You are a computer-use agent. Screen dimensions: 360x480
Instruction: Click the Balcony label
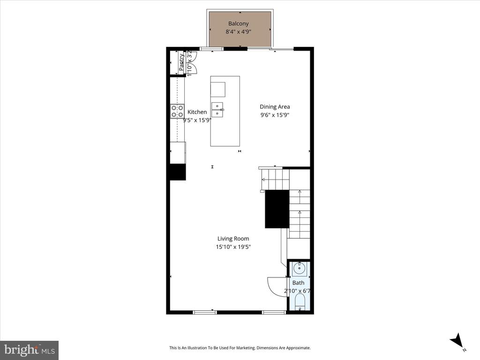[238, 23]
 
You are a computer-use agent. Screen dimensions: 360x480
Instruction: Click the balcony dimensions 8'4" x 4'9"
[238, 32]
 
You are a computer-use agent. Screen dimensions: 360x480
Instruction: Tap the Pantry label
[181, 62]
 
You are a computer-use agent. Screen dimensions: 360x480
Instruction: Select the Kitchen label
[197, 112]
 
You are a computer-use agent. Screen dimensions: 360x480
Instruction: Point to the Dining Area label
[275, 107]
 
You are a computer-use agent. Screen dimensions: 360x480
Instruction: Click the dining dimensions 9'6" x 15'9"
[275, 115]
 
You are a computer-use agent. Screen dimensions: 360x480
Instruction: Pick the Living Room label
[233, 239]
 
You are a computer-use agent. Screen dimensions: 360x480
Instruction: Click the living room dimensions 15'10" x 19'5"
[233, 247]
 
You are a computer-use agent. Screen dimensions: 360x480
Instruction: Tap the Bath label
[298, 283]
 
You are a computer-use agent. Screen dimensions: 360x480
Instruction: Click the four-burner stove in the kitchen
[177, 111]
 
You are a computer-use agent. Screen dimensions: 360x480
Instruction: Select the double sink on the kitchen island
[217, 109]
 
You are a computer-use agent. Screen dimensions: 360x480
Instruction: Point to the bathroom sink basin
[299, 269]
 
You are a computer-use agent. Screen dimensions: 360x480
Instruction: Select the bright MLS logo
[29, 350]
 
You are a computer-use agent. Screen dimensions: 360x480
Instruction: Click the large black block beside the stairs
[277, 209]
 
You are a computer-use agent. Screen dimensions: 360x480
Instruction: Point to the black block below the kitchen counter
[177, 172]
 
